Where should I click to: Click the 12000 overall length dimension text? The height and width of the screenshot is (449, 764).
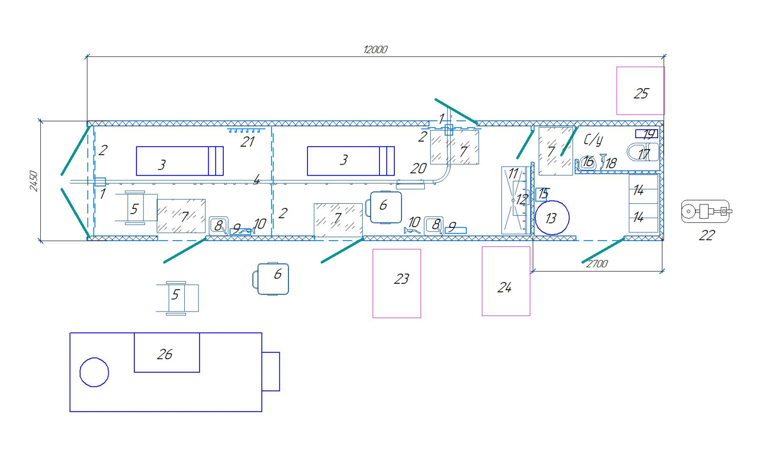click(x=375, y=50)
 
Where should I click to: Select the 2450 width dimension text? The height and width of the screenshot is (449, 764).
click(x=33, y=181)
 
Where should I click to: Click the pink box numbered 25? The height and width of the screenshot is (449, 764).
click(x=640, y=91)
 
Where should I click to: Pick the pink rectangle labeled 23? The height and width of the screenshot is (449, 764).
click(x=397, y=283)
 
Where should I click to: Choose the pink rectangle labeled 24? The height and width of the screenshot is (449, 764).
click(x=505, y=281)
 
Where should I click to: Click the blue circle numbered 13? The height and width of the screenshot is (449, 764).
click(x=552, y=218)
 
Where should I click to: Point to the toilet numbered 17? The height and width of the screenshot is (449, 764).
click(x=644, y=154)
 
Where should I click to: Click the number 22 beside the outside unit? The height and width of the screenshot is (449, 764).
click(x=706, y=235)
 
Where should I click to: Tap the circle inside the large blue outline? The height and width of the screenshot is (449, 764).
click(x=94, y=372)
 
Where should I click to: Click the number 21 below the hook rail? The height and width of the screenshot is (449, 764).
click(x=247, y=142)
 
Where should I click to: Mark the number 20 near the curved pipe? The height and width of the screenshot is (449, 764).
click(x=419, y=169)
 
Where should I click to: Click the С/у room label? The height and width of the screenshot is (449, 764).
click(x=592, y=140)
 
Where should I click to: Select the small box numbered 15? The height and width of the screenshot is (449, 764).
click(x=542, y=194)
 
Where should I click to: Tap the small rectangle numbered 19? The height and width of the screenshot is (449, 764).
click(x=647, y=134)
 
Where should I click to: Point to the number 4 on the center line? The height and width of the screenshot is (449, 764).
click(x=256, y=180)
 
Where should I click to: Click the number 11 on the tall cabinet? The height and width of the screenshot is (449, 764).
click(x=513, y=173)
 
